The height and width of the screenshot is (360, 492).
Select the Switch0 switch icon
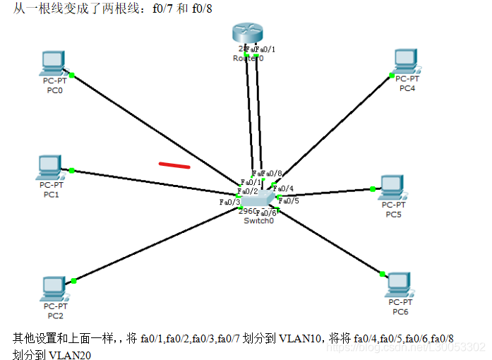pos(258,200)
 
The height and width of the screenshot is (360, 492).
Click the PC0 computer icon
pos(53,63)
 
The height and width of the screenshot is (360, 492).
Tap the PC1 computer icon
pos(50,167)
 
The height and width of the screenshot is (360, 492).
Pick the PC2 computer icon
pos(54,287)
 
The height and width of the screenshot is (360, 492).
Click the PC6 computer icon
pos(400,283)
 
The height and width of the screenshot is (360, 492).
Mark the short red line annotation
pos(174,166)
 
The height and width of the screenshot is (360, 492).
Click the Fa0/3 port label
pos(230,202)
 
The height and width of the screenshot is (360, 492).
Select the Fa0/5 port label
pos(289,200)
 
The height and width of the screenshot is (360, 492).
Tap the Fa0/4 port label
pos(283,188)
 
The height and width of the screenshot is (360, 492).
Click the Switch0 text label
pos(258,221)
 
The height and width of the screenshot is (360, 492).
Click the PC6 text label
pos(401,311)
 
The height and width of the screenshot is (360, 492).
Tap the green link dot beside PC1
pos(71,170)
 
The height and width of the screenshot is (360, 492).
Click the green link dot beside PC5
pos(372,188)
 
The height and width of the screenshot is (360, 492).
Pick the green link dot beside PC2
pos(73,280)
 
